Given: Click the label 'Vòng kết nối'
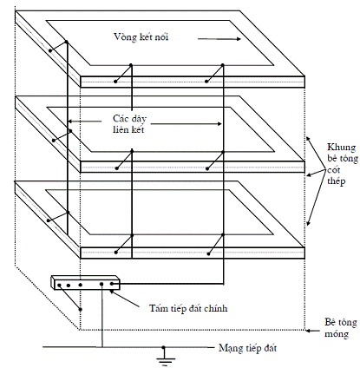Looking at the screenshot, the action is (x=141, y=37).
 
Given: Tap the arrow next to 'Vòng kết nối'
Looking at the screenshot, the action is (x=219, y=39).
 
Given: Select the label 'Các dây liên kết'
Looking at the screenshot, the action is (x=129, y=124).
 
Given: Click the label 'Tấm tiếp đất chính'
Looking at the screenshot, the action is (x=188, y=308).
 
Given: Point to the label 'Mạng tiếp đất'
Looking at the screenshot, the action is (x=247, y=348).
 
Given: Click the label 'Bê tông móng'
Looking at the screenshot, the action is (x=341, y=328).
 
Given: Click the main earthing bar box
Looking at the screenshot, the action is (x=85, y=282).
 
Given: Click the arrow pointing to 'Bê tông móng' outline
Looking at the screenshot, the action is (x=313, y=330).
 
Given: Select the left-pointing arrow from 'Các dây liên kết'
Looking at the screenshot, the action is (x=84, y=122).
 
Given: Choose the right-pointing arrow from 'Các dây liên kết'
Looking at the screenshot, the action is (x=186, y=124).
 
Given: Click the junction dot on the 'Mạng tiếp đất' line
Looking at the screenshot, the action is (x=163, y=347).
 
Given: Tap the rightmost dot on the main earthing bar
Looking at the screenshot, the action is (x=112, y=284).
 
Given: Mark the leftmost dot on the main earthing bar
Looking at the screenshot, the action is (x=59, y=286).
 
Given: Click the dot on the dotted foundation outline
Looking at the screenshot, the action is (x=81, y=309).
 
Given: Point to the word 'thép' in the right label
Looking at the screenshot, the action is (x=337, y=181).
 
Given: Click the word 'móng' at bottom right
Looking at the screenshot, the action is (x=337, y=334).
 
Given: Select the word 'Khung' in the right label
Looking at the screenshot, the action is (x=341, y=148).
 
